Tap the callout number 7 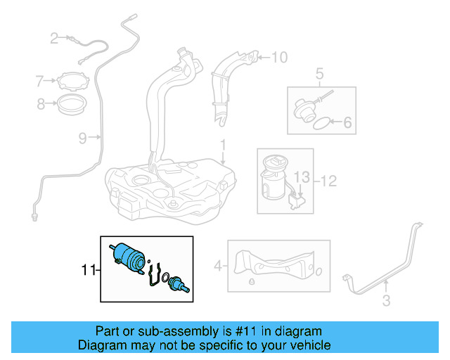click(40, 82)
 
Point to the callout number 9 click(83, 138)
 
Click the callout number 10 click(279, 57)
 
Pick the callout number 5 click(319, 72)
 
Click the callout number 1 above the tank click(223, 147)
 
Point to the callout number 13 click(301, 175)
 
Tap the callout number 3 click(385, 302)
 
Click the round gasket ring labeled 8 click(71, 106)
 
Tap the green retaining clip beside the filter click(157, 275)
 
